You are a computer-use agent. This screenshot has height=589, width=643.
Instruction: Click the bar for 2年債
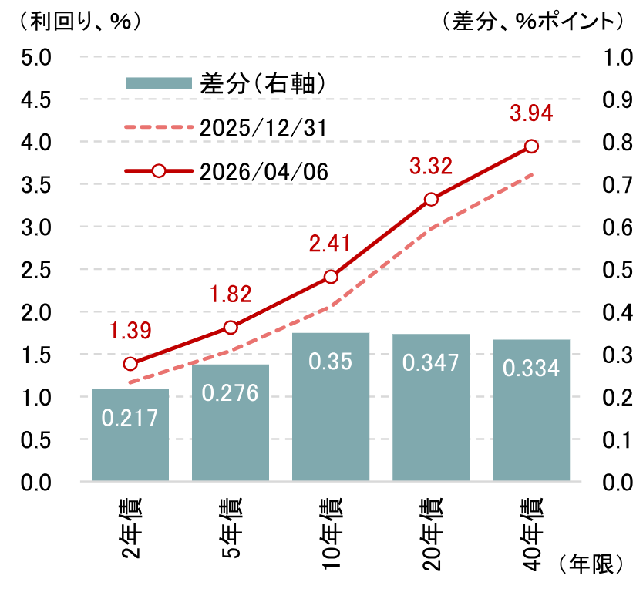(130, 436)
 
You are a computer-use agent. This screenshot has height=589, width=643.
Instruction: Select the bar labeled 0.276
(231, 423)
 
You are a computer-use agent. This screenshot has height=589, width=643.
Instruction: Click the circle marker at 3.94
(531, 146)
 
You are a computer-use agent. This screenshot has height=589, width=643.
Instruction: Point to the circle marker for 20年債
(431, 199)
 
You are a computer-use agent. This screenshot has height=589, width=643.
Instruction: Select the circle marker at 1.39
(130, 364)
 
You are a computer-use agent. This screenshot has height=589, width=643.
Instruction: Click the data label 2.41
(329, 244)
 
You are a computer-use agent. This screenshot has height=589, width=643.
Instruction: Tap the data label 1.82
(230, 294)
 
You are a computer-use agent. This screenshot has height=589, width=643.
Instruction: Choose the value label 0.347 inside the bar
(431, 363)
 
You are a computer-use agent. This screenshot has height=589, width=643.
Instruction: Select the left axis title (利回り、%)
(74, 21)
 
